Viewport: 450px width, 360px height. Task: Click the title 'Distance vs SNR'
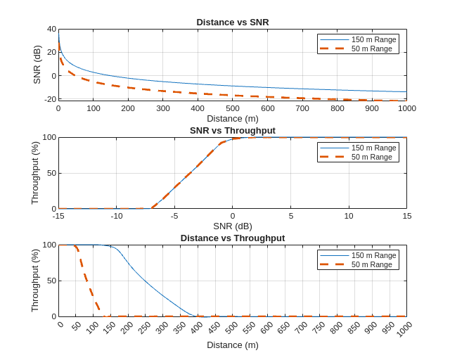coord(232,22)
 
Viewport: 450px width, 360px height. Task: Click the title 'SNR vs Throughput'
coord(232,130)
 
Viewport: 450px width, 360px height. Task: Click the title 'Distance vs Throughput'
coord(232,238)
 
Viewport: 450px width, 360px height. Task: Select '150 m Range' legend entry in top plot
coord(373,39)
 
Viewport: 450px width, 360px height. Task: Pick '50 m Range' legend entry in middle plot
coord(371,157)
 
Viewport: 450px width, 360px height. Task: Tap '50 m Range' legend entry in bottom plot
coord(371,264)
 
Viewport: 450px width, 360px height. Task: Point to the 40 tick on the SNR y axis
coord(51,29)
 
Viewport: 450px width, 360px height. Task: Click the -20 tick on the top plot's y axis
coord(50,99)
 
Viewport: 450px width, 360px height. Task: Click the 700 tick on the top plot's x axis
coord(302,108)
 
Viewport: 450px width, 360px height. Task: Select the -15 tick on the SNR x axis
coord(58,216)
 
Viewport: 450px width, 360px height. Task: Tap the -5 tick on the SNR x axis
coord(174,216)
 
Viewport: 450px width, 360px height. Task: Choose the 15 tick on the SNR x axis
coord(406,216)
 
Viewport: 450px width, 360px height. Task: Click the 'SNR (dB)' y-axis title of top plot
coord(37,65)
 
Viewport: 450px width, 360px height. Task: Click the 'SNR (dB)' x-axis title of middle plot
coord(232,226)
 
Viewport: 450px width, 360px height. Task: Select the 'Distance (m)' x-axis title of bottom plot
coord(232,345)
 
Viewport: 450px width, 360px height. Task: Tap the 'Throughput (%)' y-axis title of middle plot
coord(35,172)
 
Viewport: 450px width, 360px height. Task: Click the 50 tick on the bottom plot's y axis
coord(51,281)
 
